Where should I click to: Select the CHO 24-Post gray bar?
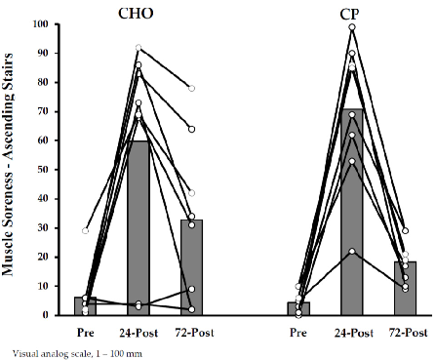tap(138, 228)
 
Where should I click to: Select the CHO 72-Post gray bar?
tap(192, 267)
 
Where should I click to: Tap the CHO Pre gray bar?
tap(85, 306)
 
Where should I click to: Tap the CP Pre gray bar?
tap(298, 309)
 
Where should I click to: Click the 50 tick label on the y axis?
tap(43, 170)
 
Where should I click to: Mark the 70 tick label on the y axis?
tap(43, 111)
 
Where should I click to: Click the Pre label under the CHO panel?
tap(85, 332)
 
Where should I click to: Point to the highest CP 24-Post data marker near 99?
tap(351, 27)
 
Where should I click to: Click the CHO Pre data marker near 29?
tap(85, 231)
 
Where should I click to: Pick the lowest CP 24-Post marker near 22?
tap(351, 252)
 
